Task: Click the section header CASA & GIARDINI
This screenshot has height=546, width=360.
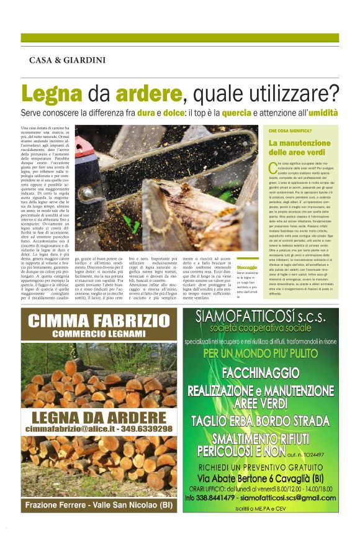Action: click(x=67, y=60)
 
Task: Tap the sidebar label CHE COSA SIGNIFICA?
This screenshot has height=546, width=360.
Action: click(x=290, y=132)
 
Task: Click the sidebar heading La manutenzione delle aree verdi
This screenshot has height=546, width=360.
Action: click(x=297, y=147)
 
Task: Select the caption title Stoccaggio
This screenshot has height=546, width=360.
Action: click(x=246, y=267)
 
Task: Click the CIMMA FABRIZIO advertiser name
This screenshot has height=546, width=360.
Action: click(x=98, y=321)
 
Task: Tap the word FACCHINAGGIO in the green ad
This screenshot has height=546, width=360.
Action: click(x=261, y=373)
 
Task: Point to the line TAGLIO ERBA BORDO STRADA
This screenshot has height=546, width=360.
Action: click(x=261, y=421)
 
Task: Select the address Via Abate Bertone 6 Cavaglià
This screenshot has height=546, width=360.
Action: click(x=261, y=478)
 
